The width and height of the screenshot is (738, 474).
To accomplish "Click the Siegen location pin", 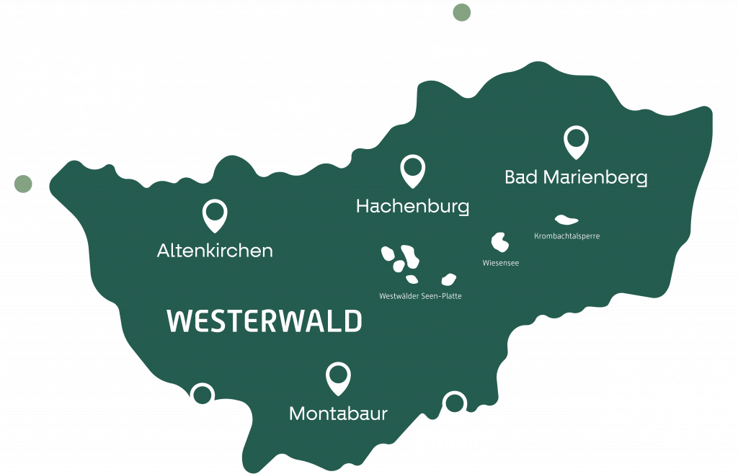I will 461,16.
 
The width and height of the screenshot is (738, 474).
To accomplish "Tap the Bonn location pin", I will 23,187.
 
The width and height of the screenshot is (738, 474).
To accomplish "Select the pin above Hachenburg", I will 412,170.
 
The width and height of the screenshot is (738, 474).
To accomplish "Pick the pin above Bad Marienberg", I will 575,140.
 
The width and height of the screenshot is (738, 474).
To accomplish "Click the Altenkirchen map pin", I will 215,214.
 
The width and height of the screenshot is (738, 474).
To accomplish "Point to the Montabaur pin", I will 337,377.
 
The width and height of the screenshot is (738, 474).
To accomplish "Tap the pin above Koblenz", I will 202,398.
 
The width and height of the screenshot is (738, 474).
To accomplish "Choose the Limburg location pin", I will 453,406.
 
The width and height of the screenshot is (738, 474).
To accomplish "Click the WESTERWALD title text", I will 264,321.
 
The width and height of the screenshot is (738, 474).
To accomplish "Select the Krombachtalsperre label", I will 567,236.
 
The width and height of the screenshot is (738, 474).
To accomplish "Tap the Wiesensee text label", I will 500,263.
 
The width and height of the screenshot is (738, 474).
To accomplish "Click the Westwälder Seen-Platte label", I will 420,296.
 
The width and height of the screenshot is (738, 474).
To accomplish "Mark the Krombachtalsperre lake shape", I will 565,219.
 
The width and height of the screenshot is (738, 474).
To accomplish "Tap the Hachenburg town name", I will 412,207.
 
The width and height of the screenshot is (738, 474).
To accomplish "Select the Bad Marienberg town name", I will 576,177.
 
